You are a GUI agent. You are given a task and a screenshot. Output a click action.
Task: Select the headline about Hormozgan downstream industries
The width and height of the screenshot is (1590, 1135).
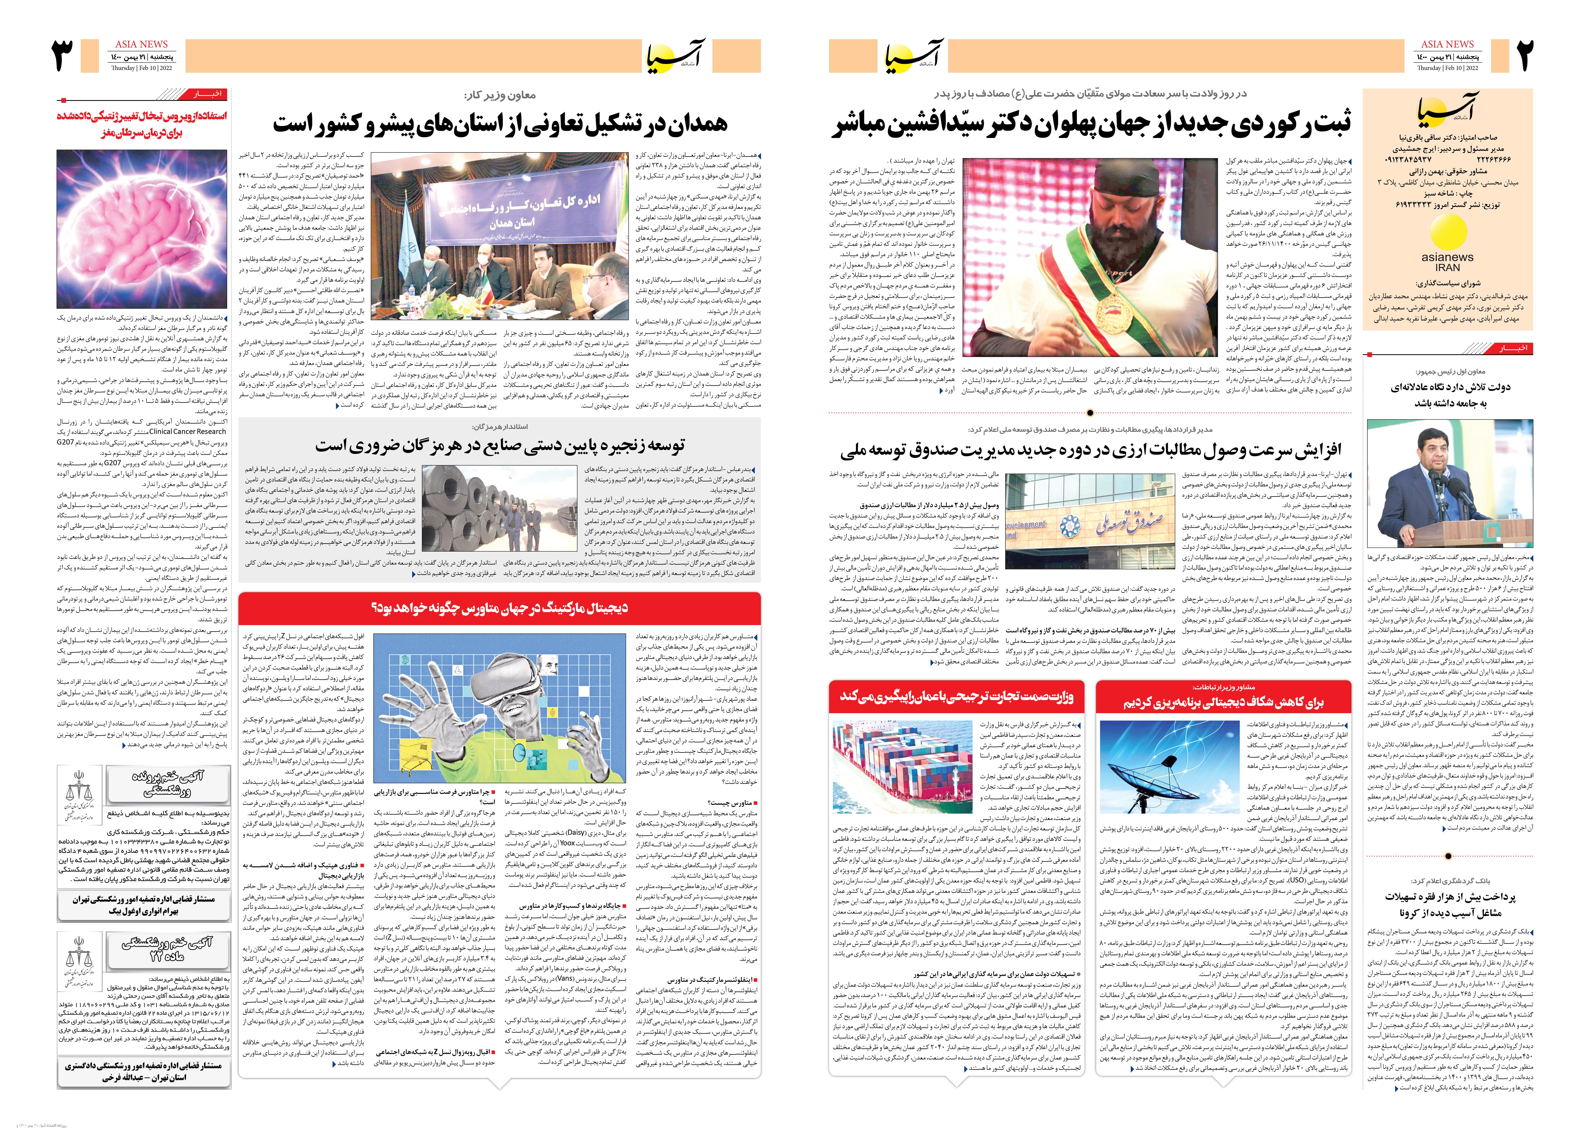click(499, 445)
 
